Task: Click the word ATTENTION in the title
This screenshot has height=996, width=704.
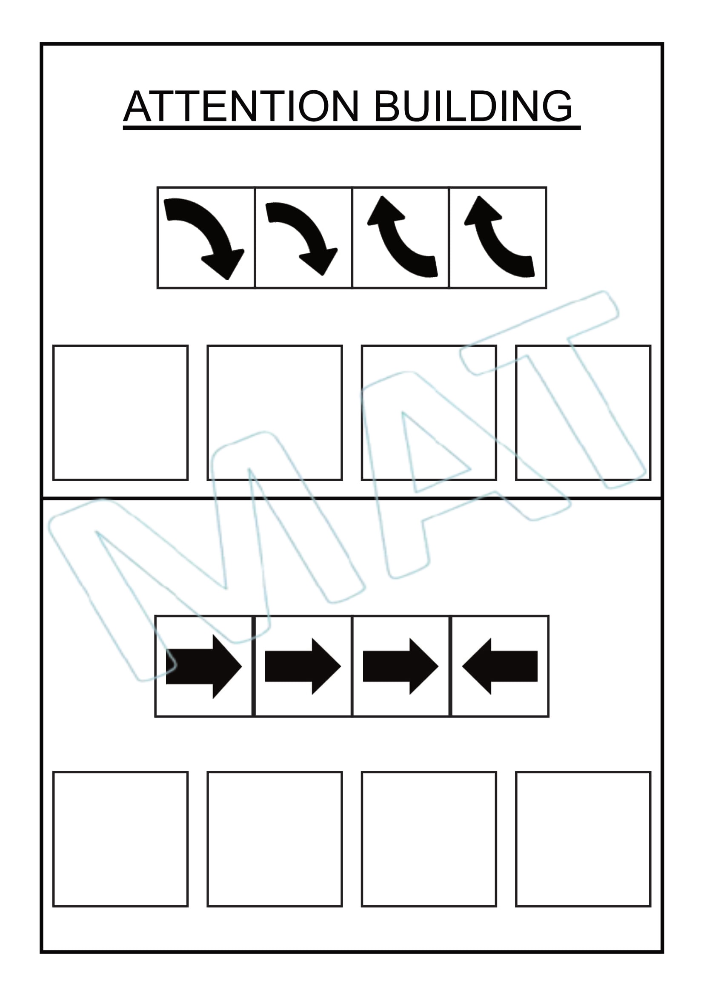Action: point(241,106)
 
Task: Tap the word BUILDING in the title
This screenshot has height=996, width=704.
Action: point(473,106)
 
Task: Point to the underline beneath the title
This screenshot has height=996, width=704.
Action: point(352,128)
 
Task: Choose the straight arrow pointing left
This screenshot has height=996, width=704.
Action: point(500,666)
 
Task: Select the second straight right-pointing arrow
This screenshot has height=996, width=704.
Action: point(303,666)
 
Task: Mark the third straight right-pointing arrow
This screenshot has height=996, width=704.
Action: point(401,666)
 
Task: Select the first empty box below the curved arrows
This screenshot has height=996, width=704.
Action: point(120,413)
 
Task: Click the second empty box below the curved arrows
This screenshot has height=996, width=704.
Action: point(275,413)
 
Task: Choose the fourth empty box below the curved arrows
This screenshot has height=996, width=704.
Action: point(584,413)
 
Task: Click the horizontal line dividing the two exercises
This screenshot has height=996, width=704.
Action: point(352,499)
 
